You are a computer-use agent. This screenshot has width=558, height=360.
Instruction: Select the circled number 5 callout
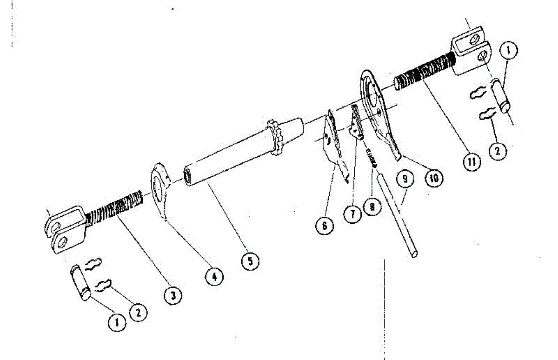(250, 261)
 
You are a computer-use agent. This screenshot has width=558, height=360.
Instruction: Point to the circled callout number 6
(324, 226)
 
